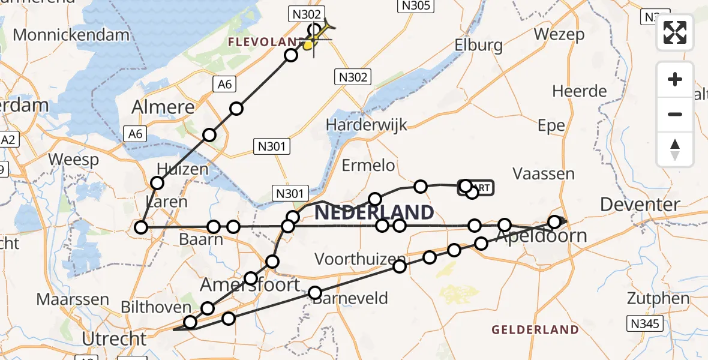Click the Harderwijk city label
pyautogui.click(x=366, y=125)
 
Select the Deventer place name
pyautogui.click(x=640, y=205)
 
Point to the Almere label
pyautogui.click(x=164, y=108)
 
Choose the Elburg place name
pyautogui.click(x=478, y=45)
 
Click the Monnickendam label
pyautogui.click(x=71, y=35)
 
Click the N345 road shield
pyautogui.click(x=645, y=325)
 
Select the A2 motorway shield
pyautogui.click(x=8, y=140)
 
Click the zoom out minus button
pyautogui.click(x=675, y=114)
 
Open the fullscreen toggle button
pyautogui.click(x=675, y=32)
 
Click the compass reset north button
pyautogui.click(x=675, y=149)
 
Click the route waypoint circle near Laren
pyautogui.click(x=141, y=227)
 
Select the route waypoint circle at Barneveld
pyautogui.click(x=315, y=293)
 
